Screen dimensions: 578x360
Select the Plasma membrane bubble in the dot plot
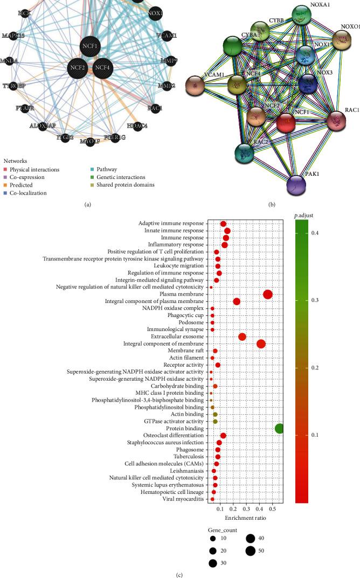pos(268,294)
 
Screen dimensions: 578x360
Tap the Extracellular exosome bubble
pos(242,336)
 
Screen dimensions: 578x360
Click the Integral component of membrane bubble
pos(261,343)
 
